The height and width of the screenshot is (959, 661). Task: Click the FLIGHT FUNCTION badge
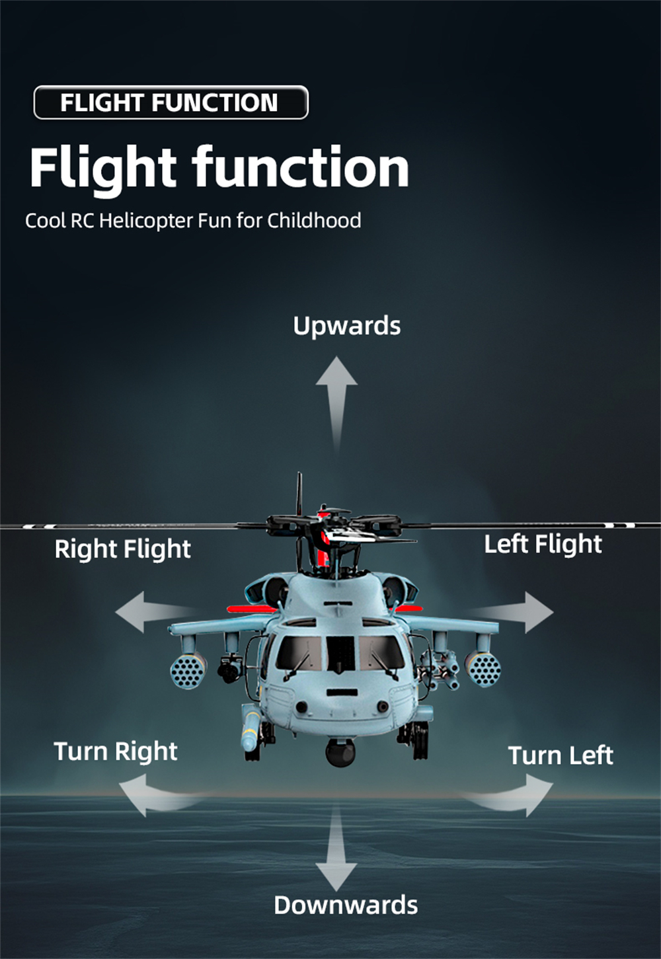coord(171,102)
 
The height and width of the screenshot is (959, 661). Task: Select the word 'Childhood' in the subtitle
coord(314,221)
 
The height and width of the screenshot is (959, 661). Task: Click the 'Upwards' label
coord(347,326)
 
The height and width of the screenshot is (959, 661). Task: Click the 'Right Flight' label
coord(122,550)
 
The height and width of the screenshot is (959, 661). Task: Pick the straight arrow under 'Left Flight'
coord(510,612)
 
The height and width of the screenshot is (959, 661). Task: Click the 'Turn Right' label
coord(116,751)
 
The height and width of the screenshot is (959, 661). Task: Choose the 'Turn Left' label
coord(561,755)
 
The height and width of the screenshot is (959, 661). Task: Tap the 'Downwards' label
coord(346,905)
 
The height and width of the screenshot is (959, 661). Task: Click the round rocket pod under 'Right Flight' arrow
coord(188,671)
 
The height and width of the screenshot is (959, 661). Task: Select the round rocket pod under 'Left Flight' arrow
coord(484,669)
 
